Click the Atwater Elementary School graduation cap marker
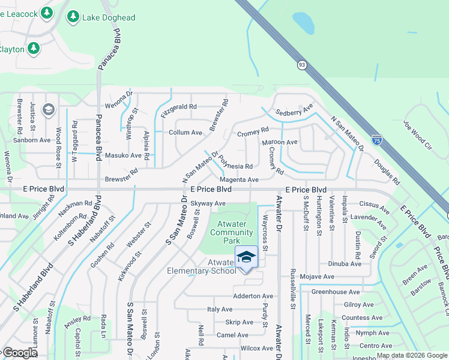(x=246, y=257)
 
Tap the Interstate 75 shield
(x=376, y=139)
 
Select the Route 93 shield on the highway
(x=301, y=65)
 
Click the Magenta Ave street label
(x=238, y=179)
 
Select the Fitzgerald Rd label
(x=178, y=107)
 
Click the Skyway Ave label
(x=208, y=203)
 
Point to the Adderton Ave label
(x=253, y=296)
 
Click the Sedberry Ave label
(x=294, y=111)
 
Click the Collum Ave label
(x=185, y=132)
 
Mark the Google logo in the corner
(x=19, y=353)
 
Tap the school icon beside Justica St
(x=48, y=110)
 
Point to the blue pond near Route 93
(x=304, y=23)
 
